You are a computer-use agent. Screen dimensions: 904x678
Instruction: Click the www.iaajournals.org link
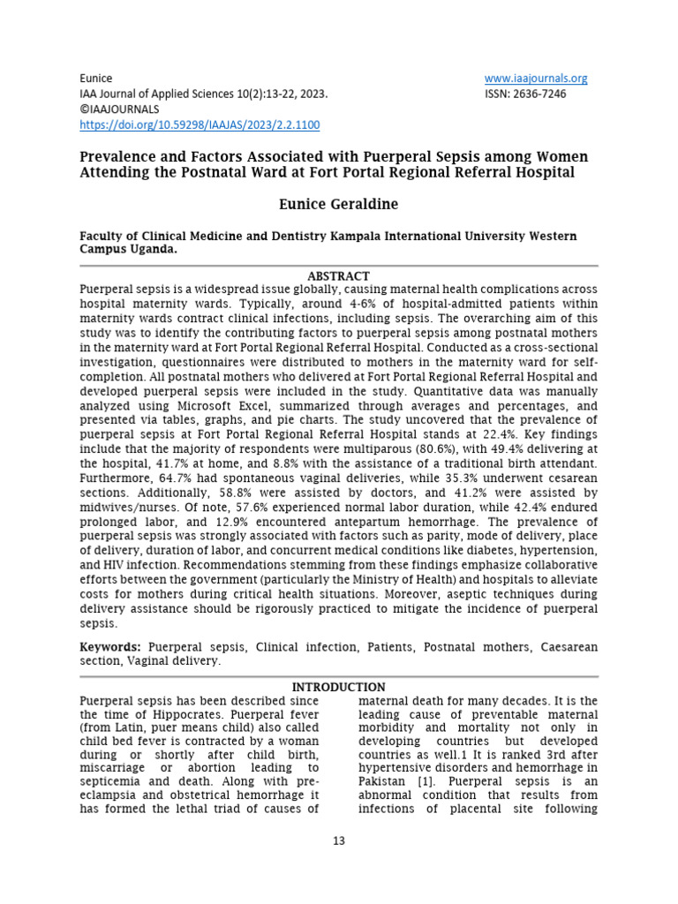click(536, 78)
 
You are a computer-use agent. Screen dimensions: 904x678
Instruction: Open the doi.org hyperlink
click(200, 125)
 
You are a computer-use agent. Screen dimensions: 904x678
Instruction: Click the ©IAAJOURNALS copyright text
click(120, 109)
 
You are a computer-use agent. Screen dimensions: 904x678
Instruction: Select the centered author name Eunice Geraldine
click(338, 204)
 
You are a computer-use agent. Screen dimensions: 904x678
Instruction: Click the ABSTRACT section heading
click(338, 276)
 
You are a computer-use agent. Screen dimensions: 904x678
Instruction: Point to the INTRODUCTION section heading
click(338, 687)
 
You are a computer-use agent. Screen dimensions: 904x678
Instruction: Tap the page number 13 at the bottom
click(338, 840)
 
